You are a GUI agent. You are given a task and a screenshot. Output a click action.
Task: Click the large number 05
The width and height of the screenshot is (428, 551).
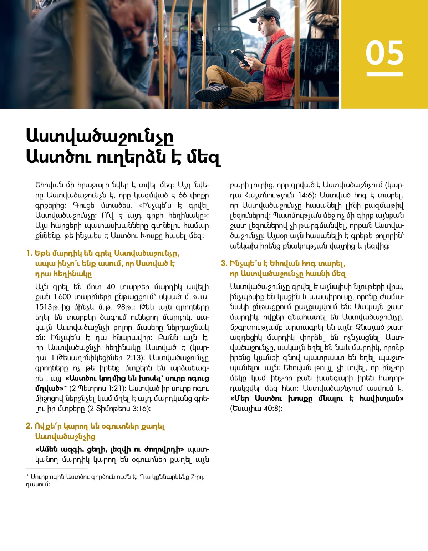(384, 52)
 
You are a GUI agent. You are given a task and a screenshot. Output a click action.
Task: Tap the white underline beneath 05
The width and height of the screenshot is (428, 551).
(384, 74)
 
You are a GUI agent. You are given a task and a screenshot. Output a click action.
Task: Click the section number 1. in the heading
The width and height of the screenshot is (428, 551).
(29, 254)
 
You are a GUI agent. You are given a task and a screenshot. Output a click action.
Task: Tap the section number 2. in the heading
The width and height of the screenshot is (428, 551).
(29, 426)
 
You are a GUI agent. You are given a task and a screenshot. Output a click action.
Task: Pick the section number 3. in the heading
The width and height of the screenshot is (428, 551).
(224, 264)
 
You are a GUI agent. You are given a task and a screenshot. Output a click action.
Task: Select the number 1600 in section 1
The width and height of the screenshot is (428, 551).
(62, 297)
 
